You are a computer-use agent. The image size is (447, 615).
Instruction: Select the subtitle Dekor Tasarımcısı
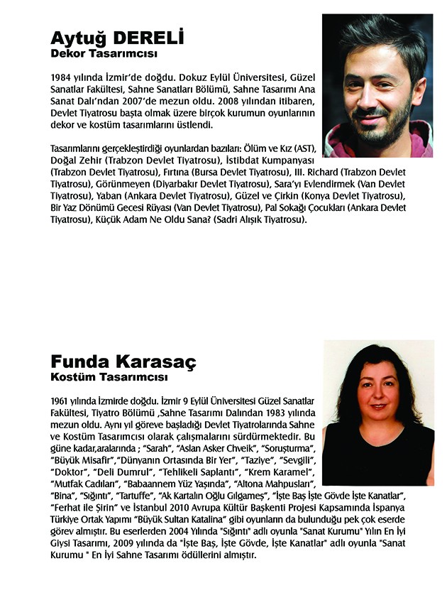(104, 53)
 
